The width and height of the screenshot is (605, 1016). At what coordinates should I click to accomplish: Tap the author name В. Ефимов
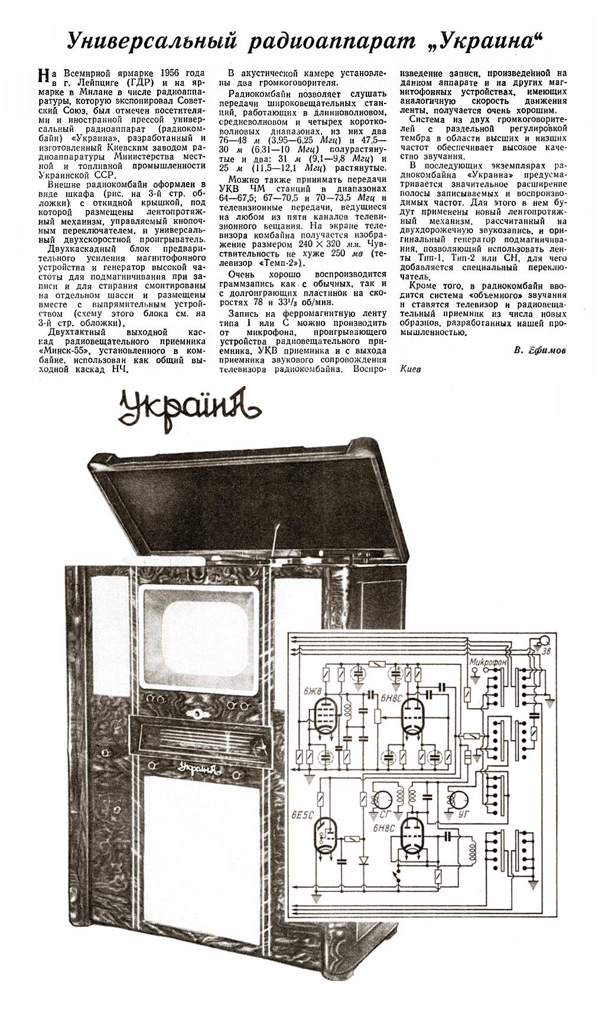tap(539, 350)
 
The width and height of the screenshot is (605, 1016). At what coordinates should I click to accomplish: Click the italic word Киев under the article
tap(411, 367)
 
